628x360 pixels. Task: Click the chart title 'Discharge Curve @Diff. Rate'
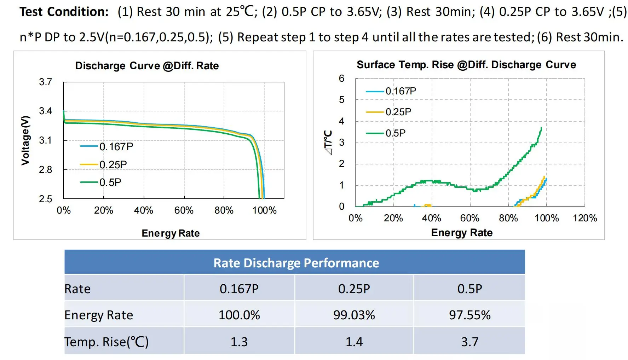147,66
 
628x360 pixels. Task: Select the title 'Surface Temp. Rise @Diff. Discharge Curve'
466,65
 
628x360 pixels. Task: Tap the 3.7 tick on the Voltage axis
46,82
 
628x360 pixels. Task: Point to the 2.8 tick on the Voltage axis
46,170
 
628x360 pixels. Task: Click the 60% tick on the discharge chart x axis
184,210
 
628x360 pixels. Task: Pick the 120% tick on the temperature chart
585,218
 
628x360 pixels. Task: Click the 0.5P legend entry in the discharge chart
110,182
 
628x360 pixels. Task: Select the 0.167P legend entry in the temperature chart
401,91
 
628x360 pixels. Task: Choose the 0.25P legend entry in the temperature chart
398,112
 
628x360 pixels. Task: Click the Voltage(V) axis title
25,140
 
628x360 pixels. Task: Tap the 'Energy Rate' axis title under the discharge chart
171,233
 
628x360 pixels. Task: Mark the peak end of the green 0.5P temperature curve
541,128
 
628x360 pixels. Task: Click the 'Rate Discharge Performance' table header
296,263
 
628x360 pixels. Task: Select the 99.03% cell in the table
354,315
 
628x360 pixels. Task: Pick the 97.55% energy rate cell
469,315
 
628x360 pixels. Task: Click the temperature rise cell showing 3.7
469,342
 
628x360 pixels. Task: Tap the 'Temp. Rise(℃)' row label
106,342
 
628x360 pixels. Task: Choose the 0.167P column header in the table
239,289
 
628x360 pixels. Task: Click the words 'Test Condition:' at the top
64,12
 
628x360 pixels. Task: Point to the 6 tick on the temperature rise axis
341,79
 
